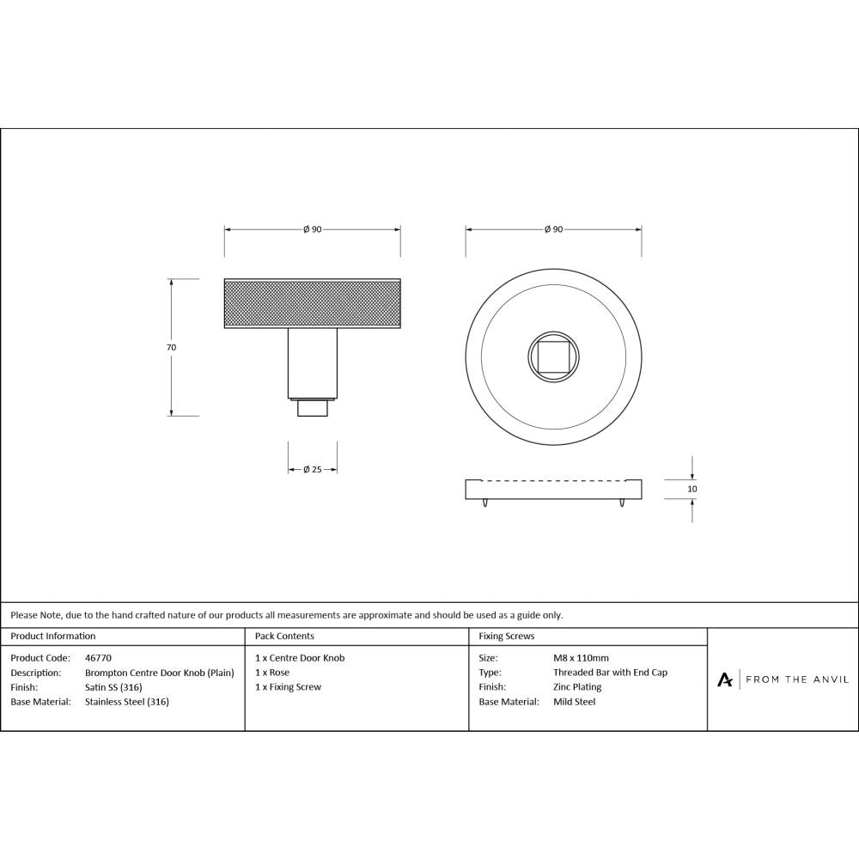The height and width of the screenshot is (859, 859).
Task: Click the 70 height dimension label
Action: point(171,348)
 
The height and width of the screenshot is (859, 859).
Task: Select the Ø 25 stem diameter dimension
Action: point(312,470)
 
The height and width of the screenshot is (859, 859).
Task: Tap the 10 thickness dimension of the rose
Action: point(692,489)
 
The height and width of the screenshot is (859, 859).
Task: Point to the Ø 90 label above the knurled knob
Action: point(312,229)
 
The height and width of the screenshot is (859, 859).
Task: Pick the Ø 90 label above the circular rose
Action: point(553,229)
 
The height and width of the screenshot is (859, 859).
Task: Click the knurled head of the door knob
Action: point(312,304)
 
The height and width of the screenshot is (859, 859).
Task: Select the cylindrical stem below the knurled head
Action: point(312,363)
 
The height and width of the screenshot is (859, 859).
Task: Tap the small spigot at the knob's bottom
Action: point(312,408)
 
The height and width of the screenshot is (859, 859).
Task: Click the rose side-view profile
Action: point(553,490)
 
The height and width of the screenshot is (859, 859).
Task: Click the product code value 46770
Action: point(99,658)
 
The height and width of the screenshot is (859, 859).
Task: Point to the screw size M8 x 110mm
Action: point(581,658)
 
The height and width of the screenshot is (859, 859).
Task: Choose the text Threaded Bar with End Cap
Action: point(610,673)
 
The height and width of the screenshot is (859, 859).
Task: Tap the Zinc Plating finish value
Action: point(577,687)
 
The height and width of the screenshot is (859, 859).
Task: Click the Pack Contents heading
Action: point(284,637)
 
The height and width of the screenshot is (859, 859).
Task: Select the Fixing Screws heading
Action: point(507,637)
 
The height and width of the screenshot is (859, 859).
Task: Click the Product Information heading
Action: point(53,637)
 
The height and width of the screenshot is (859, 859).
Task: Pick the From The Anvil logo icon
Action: point(725,679)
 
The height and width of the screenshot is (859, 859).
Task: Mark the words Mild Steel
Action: point(574,702)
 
